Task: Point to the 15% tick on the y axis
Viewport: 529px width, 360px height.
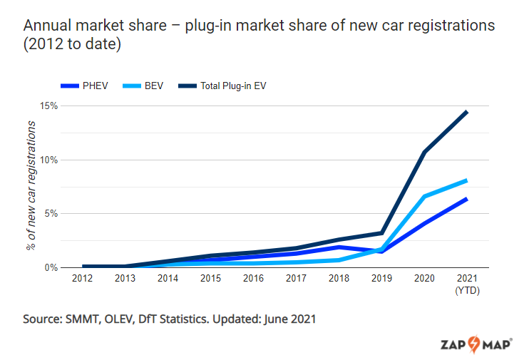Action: (x=48, y=106)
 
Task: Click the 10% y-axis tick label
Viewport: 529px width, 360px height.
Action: (x=48, y=160)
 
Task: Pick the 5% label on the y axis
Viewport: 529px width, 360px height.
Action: (x=51, y=213)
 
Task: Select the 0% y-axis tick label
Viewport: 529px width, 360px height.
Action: (x=51, y=267)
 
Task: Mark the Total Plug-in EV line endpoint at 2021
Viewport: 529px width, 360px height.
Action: (x=467, y=112)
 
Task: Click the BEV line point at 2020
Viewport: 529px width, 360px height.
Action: (x=424, y=196)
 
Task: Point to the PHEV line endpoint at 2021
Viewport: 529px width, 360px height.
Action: (x=467, y=199)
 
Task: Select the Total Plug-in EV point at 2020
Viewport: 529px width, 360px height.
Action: (x=424, y=152)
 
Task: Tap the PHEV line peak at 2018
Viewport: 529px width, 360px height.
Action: (x=339, y=247)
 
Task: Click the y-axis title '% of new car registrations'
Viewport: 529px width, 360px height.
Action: (x=31, y=186)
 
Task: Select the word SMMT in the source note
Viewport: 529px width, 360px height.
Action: (x=86, y=319)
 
